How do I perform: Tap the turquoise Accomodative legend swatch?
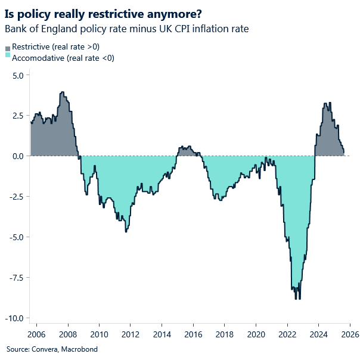coord(8,57)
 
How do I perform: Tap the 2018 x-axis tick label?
coord(224,334)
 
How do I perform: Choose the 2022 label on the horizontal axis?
coord(287,334)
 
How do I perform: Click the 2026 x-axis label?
coord(349,334)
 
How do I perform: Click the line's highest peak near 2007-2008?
coord(63,92)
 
